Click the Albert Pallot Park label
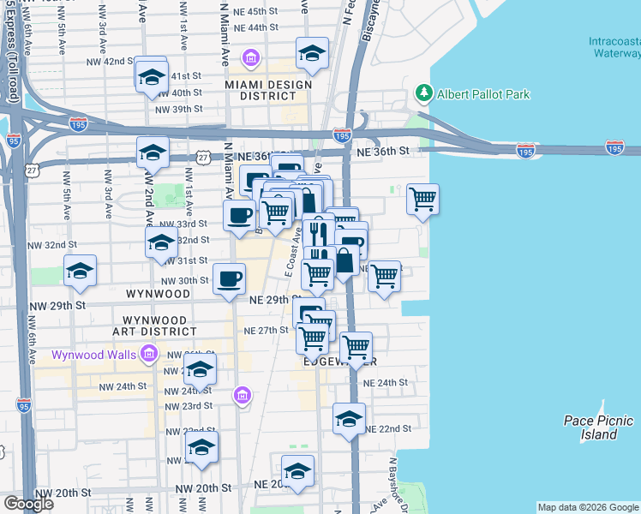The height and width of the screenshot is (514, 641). click(484, 94)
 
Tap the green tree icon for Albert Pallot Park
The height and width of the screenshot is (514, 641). click(422, 92)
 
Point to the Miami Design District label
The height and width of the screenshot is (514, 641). click(261, 90)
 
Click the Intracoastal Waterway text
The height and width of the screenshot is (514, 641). click(614, 46)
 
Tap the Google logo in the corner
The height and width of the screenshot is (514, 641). click(28, 503)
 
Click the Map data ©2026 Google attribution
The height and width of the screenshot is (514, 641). click(589, 507)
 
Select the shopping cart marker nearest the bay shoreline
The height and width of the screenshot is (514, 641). click(422, 200)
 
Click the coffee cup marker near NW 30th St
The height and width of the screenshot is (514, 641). click(229, 279)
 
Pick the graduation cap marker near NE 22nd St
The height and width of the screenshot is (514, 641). click(350, 420)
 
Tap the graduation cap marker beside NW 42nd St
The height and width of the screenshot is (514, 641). click(152, 78)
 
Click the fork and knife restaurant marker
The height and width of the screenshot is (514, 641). click(318, 230)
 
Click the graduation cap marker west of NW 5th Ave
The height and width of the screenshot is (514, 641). click(80, 272)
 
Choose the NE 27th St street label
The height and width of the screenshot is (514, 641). click(266, 330)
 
